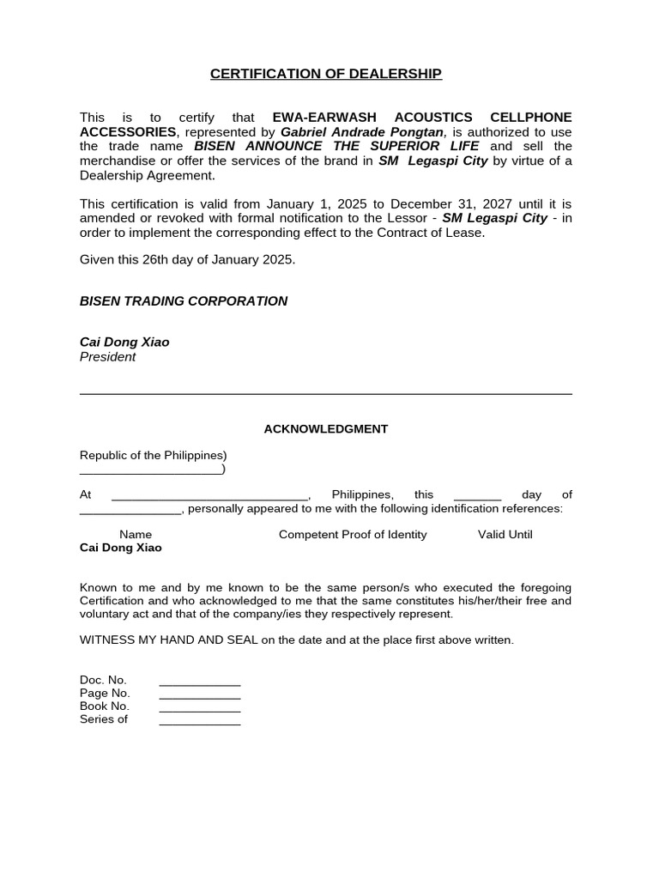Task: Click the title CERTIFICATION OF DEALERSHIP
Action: click(326, 74)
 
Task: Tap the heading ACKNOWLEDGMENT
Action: click(325, 428)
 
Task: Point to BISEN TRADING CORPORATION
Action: click(184, 301)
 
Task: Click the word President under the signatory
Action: click(107, 357)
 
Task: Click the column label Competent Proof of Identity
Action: click(353, 535)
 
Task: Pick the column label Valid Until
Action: click(505, 535)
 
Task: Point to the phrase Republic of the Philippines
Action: click(152, 455)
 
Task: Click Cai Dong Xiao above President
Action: click(124, 343)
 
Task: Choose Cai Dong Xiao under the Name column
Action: click(120, 548)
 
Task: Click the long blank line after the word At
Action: click(209, 495)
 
